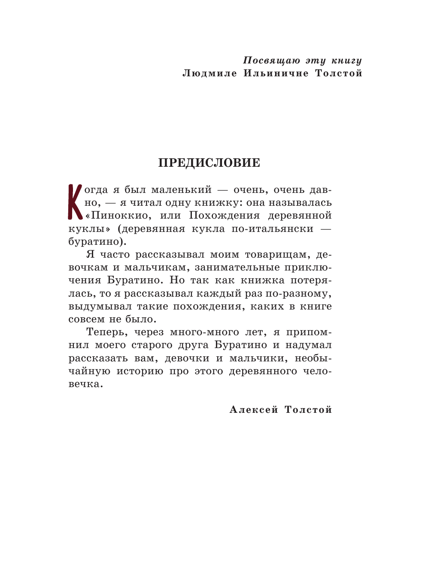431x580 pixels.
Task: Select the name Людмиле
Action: [x=209, y=73]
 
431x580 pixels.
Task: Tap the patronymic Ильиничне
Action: [x=276, y=73]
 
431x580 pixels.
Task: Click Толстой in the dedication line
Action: [x=339, y=73]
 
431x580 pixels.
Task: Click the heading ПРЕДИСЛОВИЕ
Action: [x=209, y=163]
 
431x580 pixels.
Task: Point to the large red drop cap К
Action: [x=75, y=201]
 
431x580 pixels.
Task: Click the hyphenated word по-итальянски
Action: [x=272, y=228]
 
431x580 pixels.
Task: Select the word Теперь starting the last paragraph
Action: [x=107, y=332]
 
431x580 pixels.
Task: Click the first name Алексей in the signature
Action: [x=254, y=410]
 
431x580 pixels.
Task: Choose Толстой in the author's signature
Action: [x=308, y=410]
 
